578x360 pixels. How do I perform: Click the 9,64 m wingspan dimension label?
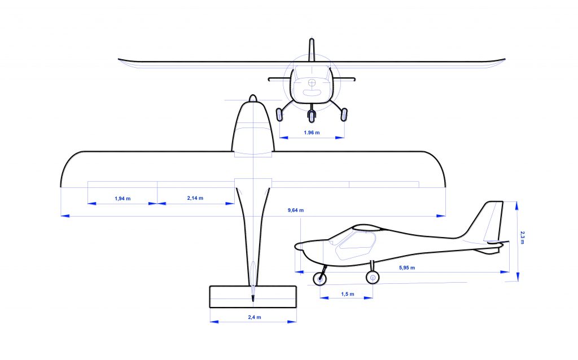pyautogui.click(x=296, y=210)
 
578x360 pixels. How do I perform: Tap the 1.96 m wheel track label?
pyautogui.click(x=312, y=133)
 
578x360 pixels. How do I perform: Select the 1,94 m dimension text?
pyautogui.click(x=122, y=199)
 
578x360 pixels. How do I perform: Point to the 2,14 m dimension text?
pyautogui.click(x=195, y=198)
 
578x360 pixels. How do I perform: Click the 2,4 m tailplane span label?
pyautogui.click(x=255, y=317)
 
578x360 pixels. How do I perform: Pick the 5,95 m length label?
pyautogui.click(x=407, y=267)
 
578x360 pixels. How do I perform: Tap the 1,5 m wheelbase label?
pyautogui.click(x=348, y=294)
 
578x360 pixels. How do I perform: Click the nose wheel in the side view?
pyautogui.click(x=320, y=278)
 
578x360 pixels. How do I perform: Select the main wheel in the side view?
pyautogui.click(x=373, y=277)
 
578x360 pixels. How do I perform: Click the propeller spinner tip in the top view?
pyautogui.click(x=253, y=98)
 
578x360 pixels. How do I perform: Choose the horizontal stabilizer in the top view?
pyautogui.click(x=253, y=296)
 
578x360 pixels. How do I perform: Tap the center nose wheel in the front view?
pyautogui.click(x=312, y=117)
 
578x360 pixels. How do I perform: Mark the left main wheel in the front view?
pyautogui.click(x=279, y=114)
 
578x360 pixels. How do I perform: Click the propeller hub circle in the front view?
pyautogui.click(x=312, y=83)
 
